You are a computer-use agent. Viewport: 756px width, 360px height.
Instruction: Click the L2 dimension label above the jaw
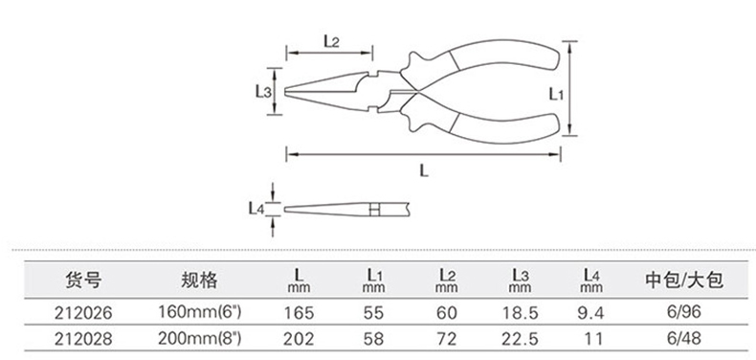tap(331, 41)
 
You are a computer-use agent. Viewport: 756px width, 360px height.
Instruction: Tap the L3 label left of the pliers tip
tap(263, 91)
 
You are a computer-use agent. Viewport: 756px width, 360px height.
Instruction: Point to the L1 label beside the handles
tap(556, 94)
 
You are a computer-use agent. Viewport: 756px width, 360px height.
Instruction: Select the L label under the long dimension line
tap(423, 170)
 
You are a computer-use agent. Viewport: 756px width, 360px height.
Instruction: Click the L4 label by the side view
tap(256, 208)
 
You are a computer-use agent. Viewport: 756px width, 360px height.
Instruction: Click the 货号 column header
tap(83, 280)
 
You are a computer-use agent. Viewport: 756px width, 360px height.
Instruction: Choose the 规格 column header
tap(200, 280)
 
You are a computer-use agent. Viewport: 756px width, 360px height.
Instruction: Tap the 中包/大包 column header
tap(684, 280)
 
